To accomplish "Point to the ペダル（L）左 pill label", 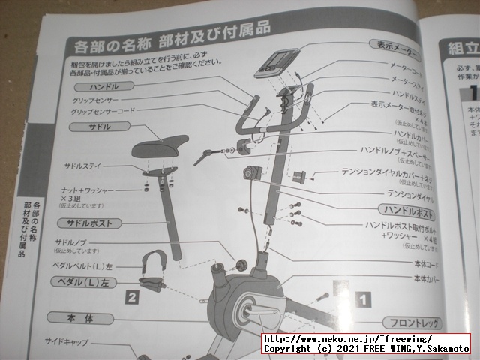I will point(85,282).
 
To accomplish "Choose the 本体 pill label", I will point(80,319).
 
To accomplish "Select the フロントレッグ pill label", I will point(412,322).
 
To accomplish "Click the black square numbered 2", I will point(132,297).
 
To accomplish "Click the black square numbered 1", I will point(361,298).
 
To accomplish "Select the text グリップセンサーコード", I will point(103,112).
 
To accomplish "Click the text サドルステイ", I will point(88,166).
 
